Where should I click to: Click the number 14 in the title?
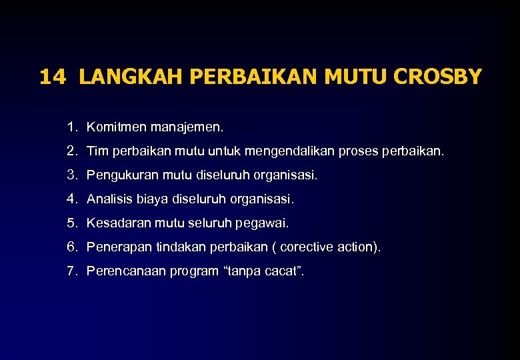point(53,77)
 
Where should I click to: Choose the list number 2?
point(71,151)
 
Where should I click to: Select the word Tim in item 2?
point(96,151)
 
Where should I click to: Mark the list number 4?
point(71,199)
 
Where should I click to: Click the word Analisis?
point(110,199)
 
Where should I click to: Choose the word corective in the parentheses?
point(305,247)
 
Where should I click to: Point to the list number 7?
point(71,271)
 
